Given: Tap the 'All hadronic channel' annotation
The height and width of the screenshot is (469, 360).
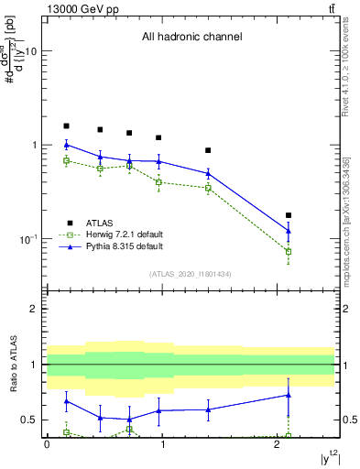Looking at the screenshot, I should (x=191, y=38).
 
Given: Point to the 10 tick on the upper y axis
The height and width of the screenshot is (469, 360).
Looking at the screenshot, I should (x=32, y=52).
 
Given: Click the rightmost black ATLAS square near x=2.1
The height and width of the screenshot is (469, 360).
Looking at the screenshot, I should (x=289, y=215).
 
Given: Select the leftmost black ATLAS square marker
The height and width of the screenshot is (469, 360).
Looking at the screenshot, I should (x=66, y=125).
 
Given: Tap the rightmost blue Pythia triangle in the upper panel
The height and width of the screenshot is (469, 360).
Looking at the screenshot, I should (x=289, y=231).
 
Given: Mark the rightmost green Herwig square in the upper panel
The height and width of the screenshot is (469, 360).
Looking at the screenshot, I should (x=289, y=251).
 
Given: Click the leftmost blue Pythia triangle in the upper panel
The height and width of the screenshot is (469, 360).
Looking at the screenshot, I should (x=66, y=145).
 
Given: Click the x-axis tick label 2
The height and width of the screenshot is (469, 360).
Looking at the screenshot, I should (x=278, y=443).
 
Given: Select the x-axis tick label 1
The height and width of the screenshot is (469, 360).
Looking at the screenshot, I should (x=162, y=443).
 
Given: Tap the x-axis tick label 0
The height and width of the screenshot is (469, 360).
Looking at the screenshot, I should (x=47, y=443).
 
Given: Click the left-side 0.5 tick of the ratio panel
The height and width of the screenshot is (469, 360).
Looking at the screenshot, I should (x=30, y=420).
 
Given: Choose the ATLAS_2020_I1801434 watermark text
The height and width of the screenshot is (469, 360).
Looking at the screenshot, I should (x=191, y=274).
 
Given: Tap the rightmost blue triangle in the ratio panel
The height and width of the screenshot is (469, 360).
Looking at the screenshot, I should (x=289, y=395).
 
